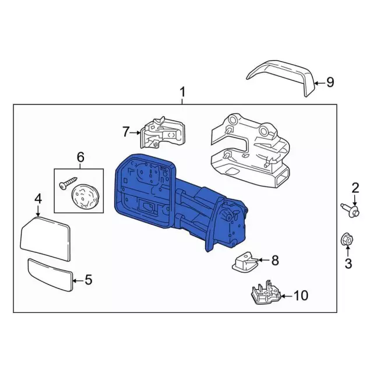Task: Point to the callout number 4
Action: click(x=38, y=199)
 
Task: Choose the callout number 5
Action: click(x=89, y=280)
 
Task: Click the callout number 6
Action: click(x=80, y=156)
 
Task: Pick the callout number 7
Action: click(x=125, y=132)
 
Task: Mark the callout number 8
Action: click(x=275, y=260)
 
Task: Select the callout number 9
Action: click(x=330, y=82)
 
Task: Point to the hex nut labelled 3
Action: click(x=346, y=240)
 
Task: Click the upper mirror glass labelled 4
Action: click(x=45, y=234)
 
